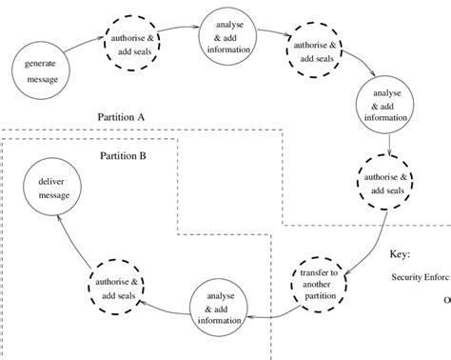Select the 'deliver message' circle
click(x=54, y=188)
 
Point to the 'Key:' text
click(x=401, y=254)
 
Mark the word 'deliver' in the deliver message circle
click(x=54, y=180)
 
